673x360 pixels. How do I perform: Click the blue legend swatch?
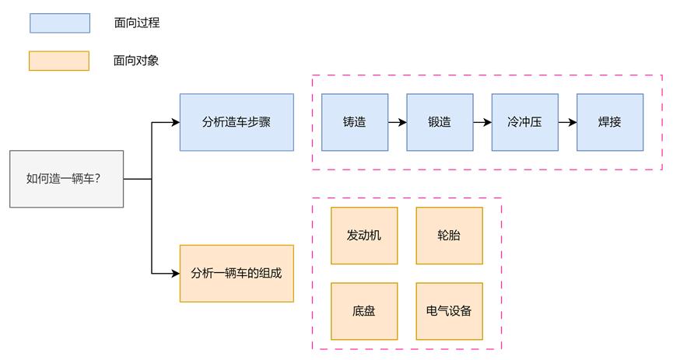click(x=60, y=23)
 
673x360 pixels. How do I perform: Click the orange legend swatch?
click(x=58, y=61)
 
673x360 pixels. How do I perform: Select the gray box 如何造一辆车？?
click(x=66, y=179)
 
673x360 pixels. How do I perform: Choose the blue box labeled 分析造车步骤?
click(x=237, y=122)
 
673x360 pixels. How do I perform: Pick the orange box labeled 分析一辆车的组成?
click(x=237, y=273)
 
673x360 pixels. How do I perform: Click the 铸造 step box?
click(x=355, y=122)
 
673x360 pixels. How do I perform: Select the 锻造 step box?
click(x=440, y=122)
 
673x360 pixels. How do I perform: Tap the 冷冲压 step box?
click(x=524, y=122)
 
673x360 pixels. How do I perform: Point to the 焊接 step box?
click(x=610, y=122)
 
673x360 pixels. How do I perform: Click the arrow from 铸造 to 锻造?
click(x=397, y=122)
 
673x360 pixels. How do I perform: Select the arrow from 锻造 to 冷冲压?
click(x=482, y=122)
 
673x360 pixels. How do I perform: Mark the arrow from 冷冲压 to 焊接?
click(x=566, y=122)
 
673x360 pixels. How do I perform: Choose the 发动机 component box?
click(x=364, y=236)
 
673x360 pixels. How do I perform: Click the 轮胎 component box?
click(x=449, y=236)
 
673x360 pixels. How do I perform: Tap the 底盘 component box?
click(x=364, y=311)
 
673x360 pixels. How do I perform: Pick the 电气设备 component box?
click(x=449, y=311)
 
